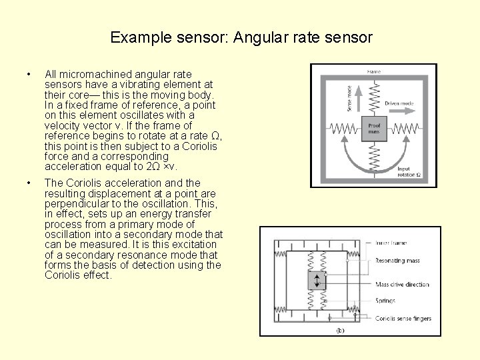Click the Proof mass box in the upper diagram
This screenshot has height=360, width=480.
click(x=374, y=125)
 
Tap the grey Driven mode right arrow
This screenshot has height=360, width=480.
click(x=400, y=113)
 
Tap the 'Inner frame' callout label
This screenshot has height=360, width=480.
click(x=391, y=243)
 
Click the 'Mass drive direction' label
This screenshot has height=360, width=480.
click(x=402, y=285)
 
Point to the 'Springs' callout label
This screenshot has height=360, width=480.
click(x=385, y=301)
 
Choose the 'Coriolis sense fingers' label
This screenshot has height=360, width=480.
click(x=403, y=319)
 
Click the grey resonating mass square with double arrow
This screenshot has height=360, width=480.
click(x=317, y=280)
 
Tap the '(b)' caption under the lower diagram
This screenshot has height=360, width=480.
click(x=340, y=330)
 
